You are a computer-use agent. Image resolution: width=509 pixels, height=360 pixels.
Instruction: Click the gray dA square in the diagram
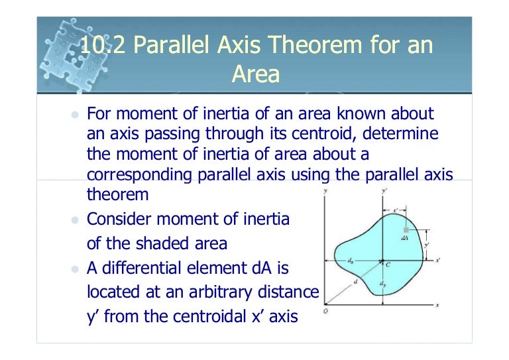[406, 229]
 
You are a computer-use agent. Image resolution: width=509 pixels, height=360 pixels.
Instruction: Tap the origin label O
[325, 310]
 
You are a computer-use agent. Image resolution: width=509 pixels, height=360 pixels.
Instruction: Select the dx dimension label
[350, 260]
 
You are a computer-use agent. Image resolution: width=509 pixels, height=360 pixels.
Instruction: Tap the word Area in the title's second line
[255, 74]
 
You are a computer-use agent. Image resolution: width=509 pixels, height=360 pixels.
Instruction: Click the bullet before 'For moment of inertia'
[75, 114]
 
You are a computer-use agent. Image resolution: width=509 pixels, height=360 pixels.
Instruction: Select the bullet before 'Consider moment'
[75, 219]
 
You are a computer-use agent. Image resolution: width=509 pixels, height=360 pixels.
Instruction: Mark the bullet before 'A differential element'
[75, 269]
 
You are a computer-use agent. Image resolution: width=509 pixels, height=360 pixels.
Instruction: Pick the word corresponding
[137, 176]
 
